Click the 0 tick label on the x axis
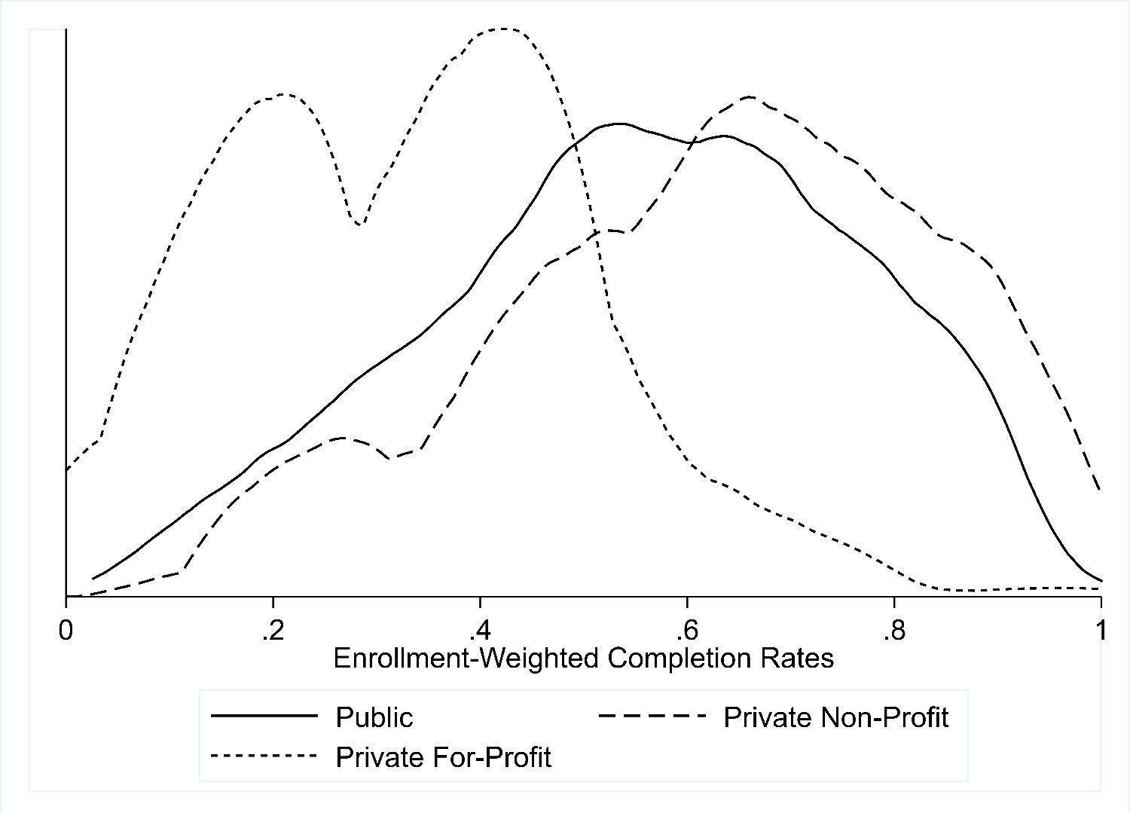click(x=66, y=629)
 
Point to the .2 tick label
click(x=273, y=629)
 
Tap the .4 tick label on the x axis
click(x=479, y=629)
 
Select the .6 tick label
click(x=686, y=629)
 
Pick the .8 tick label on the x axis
click(x=893, y=629)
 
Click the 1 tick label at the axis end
click(x=1101, y=629)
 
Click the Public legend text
click(x=374, y=717)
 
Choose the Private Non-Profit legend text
click(x=835, y=717)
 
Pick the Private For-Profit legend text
click(x=444, y=756)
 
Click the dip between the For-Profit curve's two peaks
click(x=360, y=225)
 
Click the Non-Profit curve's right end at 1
click(x=1101, y=491)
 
